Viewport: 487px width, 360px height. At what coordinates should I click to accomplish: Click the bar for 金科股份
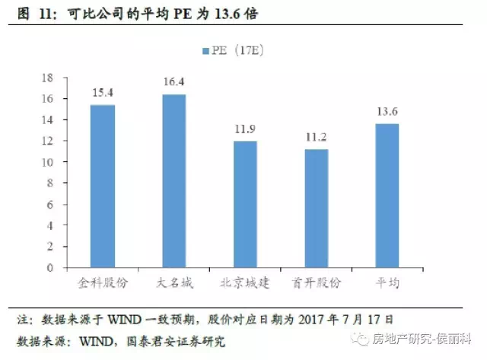tap(103, 186)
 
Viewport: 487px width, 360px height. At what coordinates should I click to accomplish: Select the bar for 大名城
tap(173, 180)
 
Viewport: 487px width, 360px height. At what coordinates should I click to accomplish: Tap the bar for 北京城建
tap(245, 204)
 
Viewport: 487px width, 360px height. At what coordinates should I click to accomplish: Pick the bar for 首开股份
tap(316, 208)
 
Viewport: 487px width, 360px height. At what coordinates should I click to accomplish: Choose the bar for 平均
tap(387, 196)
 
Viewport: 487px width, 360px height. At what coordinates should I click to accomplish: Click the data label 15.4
tap(103, 92)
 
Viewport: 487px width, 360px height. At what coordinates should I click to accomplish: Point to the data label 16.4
tap(173, 81)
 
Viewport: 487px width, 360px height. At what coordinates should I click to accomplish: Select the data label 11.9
tap(245, 129)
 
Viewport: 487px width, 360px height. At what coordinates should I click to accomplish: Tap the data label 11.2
tap(316, 137)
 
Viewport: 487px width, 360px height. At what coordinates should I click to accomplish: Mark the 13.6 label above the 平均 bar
tap(387, 111)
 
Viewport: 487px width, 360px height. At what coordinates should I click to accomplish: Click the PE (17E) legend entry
tap(233, 50)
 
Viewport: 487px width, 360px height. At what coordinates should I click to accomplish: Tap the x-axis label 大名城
tap(173, 282)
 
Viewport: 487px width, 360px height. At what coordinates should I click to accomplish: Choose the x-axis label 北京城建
tap(245, 282)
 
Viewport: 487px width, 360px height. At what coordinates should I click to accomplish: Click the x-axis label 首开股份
tap(316, 282)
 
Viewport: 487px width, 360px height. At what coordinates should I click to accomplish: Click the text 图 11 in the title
tap(27, 14)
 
